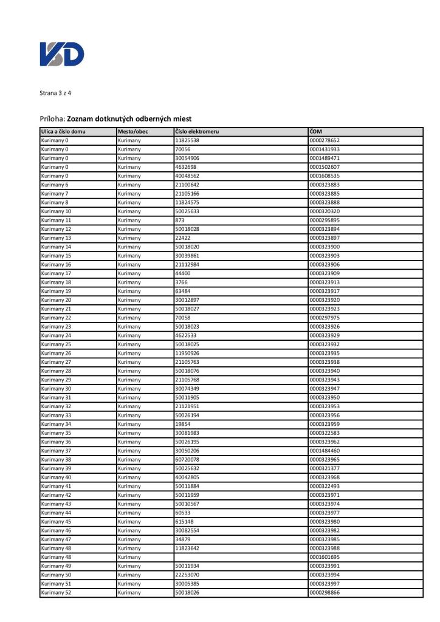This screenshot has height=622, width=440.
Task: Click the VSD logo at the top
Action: (x=62, y=54)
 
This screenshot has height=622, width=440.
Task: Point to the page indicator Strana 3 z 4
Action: (x=55, y=93)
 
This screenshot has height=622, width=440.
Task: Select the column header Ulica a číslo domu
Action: (x=63, y=131)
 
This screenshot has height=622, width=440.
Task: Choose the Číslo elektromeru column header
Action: (x=197, y=131)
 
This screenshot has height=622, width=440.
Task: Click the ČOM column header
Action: (x=316, y=131)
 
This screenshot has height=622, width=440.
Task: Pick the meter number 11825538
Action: (x=187, y=140)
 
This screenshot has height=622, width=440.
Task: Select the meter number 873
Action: (x=180, y=220)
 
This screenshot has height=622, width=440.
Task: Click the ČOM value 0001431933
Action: (x=325, y=149)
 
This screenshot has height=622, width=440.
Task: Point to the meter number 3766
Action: (x=181, y=282)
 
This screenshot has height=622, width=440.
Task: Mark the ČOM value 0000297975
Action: (x=325, y=318)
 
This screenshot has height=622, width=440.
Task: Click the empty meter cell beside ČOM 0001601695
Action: (x=241, y=557)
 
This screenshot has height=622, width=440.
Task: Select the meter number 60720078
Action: (x=187, y=460)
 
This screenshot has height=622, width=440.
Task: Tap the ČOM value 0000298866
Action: (x=325, y=592)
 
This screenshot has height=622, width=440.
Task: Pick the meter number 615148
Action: (x=184, y=522)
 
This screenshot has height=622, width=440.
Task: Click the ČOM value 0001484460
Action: (x=325, y=451)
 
